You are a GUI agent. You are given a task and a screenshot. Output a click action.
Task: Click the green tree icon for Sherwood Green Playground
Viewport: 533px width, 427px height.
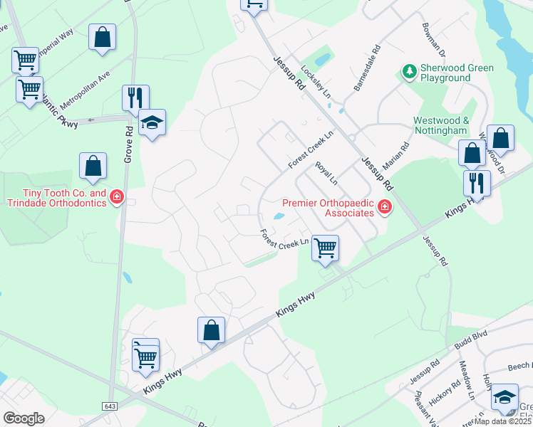[409, 71]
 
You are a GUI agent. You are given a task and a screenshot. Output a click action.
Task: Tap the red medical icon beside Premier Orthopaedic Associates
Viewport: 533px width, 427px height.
[385, 207]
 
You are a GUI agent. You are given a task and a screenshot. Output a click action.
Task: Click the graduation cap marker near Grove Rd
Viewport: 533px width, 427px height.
[152, 124]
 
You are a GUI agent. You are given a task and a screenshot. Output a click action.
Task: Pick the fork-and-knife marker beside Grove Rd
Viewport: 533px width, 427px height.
[135, 97]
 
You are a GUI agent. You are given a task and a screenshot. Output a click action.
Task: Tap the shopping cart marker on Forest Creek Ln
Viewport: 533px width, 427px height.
[325, 248]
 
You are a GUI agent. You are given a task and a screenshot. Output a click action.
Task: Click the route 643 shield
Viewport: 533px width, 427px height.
[109, 406]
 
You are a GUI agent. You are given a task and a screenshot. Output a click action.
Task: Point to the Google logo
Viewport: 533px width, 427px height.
[24, 418]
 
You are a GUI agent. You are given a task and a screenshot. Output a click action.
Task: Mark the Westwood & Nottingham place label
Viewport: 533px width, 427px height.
[441, 126]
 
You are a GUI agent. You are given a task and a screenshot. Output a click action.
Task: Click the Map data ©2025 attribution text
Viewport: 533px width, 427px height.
[502, 421]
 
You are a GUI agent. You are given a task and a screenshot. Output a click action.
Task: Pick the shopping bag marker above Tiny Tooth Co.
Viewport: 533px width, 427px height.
[93, 166]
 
